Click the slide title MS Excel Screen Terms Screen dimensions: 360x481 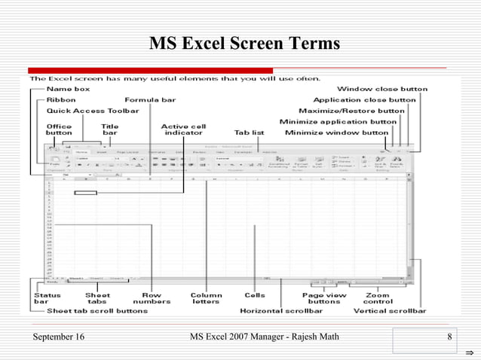click(244, 44)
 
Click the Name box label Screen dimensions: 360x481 click(64, 89)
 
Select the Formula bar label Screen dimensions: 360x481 click(150, 99)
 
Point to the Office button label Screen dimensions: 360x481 click(59, 130)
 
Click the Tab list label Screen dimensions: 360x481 click(249, 133)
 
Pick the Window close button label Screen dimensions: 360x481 click(381, 89)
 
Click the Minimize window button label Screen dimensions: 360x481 click(336, 133)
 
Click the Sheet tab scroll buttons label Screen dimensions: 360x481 click(97, 310)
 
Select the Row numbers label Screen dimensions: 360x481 click(152, 298)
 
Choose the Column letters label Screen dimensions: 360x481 click(206, 298)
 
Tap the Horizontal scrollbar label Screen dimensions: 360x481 click(282, 310)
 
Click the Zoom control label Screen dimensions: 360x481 click(378, 298)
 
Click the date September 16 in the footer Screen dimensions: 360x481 click(59, 336)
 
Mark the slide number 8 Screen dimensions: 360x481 click(449, 336)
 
